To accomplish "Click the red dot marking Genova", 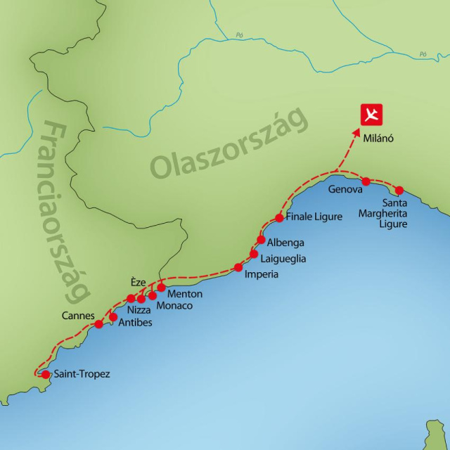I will pos(366,181).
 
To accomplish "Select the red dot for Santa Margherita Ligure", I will pos(399,190).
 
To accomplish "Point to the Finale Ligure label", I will pos(314,217).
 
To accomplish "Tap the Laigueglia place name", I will pos(283,258).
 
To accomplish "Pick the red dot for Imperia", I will pos(238,267).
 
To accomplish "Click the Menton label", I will pos(185,294).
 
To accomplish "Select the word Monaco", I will pos(174,306).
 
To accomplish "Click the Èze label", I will pos(138,283).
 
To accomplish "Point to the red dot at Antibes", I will pos(113,316).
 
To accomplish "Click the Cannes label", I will pos(77,316).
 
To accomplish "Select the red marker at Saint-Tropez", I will pos(46,375).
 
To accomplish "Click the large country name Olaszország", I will pos(230,143).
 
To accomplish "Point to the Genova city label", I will pos(345,190).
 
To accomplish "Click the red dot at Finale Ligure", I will pos(279,218).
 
